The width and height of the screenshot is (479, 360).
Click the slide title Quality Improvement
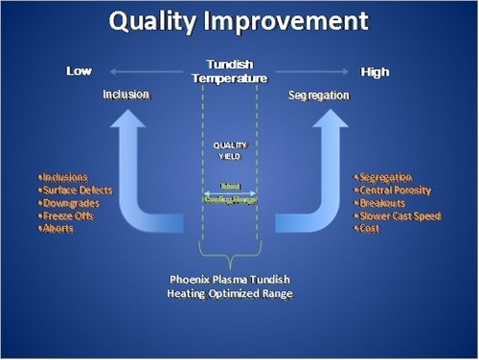click(x=239, y=23)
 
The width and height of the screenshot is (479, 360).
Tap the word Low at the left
click(x=79, y=72)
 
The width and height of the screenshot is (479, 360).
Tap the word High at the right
click(x=375, y=72)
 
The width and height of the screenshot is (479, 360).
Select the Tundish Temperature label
click(x=229, y=71)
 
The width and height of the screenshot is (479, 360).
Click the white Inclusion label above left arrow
click(x=126, y=96)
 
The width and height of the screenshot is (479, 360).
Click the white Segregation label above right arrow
click(x=319, y=96)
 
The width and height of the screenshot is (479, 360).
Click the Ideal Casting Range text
click(x=229, y=191)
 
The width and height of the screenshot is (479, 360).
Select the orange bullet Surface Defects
click(x=75, y=190)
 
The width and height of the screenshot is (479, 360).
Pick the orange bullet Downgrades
click(x=70, y=203)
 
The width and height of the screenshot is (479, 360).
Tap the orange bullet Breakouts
click(x=382, y=203)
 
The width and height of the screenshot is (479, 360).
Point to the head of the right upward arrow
click(x=332, y=120)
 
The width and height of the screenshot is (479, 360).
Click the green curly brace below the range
click(x=229, y=254)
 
